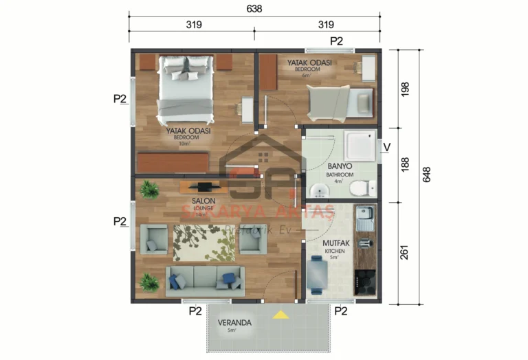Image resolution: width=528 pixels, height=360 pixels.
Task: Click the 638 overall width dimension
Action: coord(255,10)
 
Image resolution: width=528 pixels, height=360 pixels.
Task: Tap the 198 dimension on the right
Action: coord(404,89)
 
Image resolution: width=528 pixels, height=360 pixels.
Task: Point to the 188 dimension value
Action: coord(404,165)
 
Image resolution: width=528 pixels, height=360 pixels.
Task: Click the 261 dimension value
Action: coord(404,253)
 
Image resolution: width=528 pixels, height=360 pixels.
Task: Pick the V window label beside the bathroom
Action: coord(386,146)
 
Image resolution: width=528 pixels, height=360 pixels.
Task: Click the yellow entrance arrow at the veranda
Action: coord(280,315)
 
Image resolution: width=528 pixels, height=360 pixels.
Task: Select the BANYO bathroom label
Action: coord(340,166)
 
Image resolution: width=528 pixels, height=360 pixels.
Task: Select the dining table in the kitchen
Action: coord(317,273)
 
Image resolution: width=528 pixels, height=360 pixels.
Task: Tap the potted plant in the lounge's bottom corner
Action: coord(148,282)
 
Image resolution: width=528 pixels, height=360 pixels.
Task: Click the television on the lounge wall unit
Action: coord(204,186)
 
